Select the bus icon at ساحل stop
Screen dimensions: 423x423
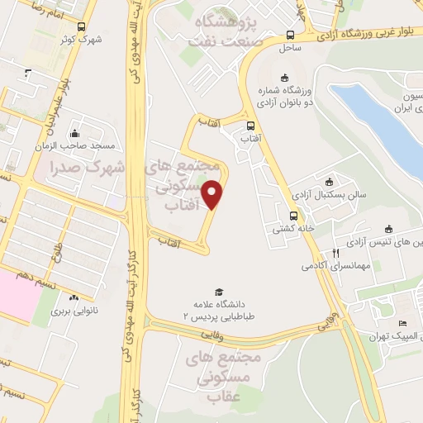290,36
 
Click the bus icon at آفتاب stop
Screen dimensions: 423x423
250,126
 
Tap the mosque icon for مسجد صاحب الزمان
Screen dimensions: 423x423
74,133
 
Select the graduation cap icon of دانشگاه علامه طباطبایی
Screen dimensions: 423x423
219,292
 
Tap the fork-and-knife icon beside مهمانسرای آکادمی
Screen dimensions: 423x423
335,253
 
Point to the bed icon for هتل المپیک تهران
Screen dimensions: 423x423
403,323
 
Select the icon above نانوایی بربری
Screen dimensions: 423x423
74,298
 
